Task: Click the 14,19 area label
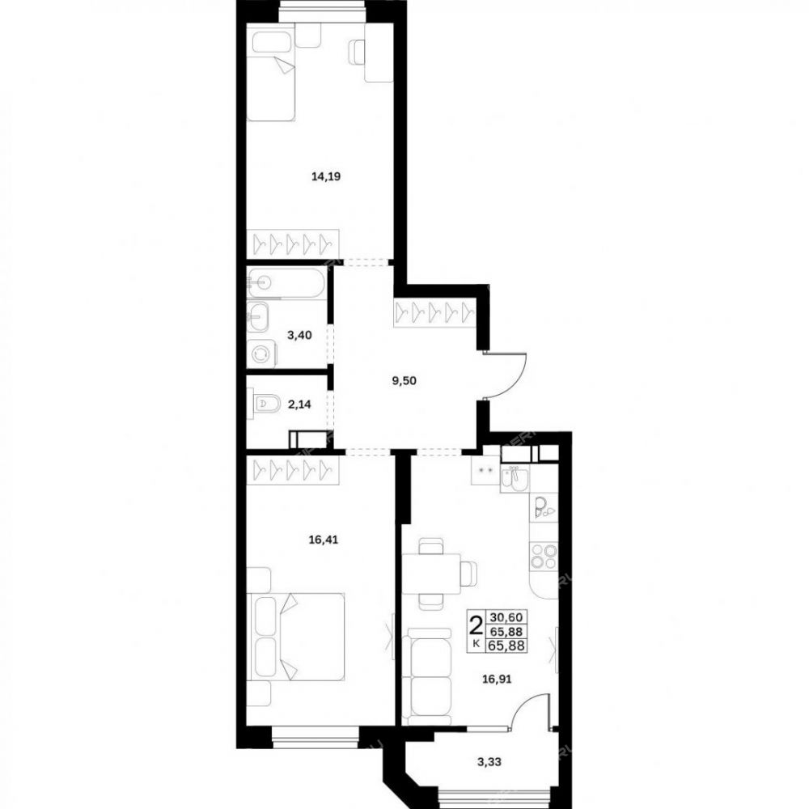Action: coord(325,176)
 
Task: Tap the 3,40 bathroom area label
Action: coord(299,335)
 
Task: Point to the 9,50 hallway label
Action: coord(404,381)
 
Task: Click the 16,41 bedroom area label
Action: coord(323,540)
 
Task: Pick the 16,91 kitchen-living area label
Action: coord(497,679)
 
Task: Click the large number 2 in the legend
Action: coord(476,625)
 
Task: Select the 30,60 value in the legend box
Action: coord(506,617)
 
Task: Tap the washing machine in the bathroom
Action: coord(261,354)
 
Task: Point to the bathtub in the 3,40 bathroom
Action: coord(286,282)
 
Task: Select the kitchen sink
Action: coord(514,478)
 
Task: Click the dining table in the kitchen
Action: coord(431,574)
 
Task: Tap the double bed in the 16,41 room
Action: coord(297,637)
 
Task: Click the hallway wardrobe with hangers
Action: coord(434,313)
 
